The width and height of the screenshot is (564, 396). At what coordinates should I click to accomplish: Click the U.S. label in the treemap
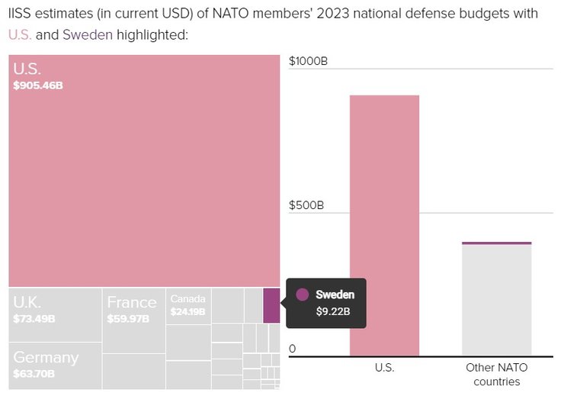[x=27, y=69]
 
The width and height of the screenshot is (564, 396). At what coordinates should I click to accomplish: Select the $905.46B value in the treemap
[x=38, y=85]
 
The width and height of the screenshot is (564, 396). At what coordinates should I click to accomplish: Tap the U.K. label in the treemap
[x=27, y=302]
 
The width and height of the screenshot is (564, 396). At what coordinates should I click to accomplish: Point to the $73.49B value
[x=34, y=318]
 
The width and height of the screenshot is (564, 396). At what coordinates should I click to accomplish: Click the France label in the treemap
[x=132, y=302]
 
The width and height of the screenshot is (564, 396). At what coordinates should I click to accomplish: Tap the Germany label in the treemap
[x=46, y=357]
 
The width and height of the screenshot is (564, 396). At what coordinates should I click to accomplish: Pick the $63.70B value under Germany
[x=34, y=373]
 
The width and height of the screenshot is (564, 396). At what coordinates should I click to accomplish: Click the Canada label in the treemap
[x=187, y=298]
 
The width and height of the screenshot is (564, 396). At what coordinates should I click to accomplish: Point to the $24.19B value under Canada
[x=187, y=311]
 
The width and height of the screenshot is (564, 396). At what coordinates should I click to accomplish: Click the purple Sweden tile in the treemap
[x=271, y=305]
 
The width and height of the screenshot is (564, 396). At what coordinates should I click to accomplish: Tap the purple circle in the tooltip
[x=302, y=295]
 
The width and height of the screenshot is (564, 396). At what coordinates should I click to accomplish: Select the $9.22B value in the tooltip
[x=333, y=311]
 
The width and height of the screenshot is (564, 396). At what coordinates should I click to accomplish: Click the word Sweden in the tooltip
[x=335, y=295]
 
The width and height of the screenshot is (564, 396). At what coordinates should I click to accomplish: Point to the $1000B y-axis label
[x=309, y=61]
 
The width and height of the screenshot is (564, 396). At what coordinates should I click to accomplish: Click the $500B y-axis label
[x=306, y=205]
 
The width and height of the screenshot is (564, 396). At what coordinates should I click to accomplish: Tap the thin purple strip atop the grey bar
[x=496, y=243]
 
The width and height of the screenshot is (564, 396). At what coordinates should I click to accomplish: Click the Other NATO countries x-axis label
[x=496, y=374]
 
